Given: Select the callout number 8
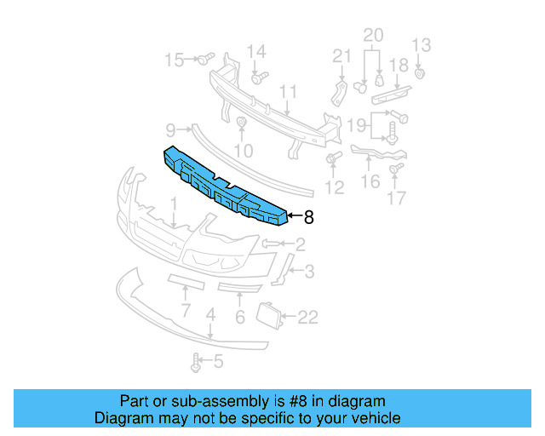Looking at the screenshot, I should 308,218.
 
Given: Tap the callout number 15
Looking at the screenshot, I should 174,60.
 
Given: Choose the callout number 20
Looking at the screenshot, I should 374,35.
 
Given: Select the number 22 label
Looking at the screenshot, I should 307,318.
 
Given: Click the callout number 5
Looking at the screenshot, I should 218,363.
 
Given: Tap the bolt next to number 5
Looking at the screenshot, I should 198,364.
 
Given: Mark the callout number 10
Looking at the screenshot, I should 244,151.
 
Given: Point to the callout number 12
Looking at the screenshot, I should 335,186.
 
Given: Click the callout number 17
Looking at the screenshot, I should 397,200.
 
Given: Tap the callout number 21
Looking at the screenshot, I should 341,56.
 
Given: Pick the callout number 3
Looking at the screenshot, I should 308,272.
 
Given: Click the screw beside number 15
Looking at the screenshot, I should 204,60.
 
